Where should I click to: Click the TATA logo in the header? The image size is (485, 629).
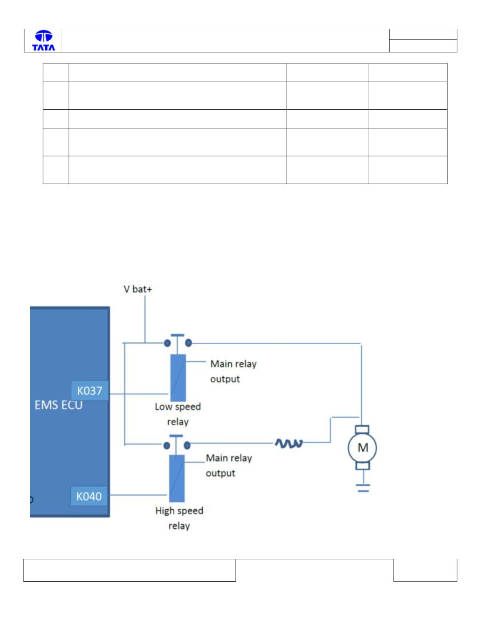(43, 41)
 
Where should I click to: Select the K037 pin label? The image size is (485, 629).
(90, 391)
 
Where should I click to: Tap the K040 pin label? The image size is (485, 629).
(89, 496)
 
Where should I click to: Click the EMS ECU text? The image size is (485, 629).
(58, 405)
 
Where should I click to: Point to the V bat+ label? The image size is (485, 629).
(138, 289)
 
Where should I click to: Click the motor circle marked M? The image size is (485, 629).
(362, 448)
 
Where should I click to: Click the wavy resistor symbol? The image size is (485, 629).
(289, 443)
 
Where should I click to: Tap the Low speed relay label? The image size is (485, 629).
(178, 414)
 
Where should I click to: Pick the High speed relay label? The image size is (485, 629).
(179, 518)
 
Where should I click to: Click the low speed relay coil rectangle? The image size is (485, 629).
(178, 378)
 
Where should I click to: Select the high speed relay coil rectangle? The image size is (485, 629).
(177, 479)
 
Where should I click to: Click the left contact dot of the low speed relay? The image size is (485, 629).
(167, 343)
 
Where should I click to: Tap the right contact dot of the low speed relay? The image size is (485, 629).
(188, 343)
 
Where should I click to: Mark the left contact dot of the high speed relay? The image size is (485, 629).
(167, 445)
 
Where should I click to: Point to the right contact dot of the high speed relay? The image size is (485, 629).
(187, 445)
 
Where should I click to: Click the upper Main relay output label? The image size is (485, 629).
(233, 372)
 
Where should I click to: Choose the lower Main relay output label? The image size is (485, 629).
(229, 466)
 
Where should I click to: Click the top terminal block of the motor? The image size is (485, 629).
(362, 429)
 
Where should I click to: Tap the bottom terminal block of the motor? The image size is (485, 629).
(363, 466)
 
